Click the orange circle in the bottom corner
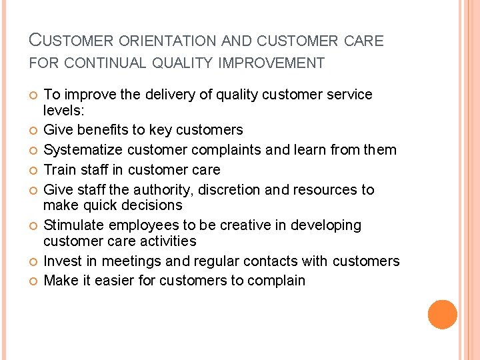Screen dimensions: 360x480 [x=442, y=315]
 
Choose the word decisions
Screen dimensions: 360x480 [x=149, y=205]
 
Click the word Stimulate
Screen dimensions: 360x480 [x=73, y=225]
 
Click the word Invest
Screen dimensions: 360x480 [x=62, y=260]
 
